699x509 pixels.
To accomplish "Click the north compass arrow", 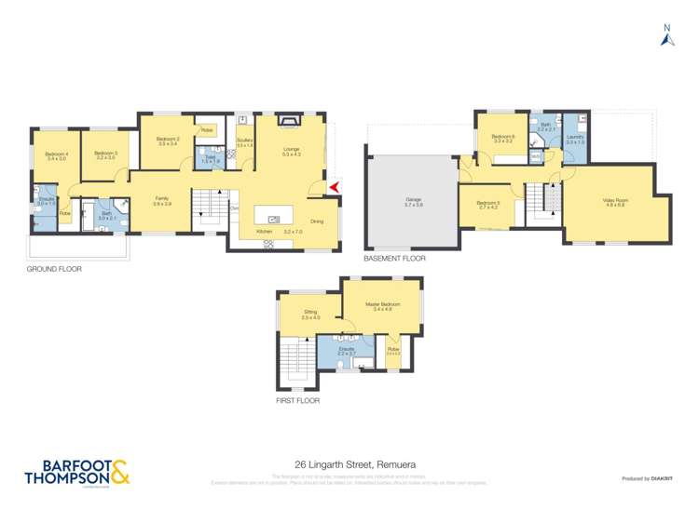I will [666, 37].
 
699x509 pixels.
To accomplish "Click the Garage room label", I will [413, 200].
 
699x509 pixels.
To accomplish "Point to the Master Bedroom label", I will [382, 305].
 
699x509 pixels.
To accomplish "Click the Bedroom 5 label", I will [488, 204].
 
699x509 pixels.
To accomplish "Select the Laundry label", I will [575, 139].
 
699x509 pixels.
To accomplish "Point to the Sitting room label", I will [310, 315].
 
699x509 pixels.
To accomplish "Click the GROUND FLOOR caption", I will [55, 269].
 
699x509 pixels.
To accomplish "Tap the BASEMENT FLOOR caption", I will [394, 259].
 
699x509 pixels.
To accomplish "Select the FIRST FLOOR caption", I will [297, 401].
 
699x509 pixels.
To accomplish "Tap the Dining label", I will [317, 221].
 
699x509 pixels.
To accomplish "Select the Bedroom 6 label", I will [503, 138].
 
